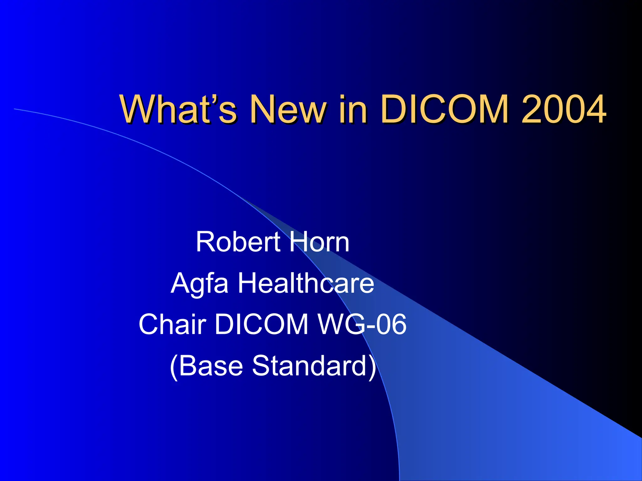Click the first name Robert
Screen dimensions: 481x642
coord(238,242)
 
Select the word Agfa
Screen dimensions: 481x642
coord(199,283)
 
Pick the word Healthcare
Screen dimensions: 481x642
coord(306,283)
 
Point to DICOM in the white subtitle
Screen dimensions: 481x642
coord(261,325)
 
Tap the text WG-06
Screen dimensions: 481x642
coord(362,325)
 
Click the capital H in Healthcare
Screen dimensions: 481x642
coord(247,283)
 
